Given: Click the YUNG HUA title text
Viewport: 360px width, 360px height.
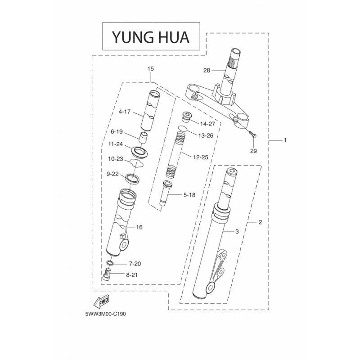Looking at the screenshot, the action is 151,37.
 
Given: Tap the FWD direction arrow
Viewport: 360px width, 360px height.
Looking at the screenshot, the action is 102,301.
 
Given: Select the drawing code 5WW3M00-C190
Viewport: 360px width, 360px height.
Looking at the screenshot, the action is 106,314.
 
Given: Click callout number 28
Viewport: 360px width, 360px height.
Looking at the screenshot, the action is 207,70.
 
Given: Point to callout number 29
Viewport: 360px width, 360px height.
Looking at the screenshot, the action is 253,151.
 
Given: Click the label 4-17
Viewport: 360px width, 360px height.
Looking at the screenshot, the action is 125,112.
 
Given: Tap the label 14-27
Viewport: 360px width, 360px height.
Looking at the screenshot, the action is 207,124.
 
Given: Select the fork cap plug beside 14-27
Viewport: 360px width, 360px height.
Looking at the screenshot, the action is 186,117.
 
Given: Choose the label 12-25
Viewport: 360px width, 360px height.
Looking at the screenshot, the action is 201,157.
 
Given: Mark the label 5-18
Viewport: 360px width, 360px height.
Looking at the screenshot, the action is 189,195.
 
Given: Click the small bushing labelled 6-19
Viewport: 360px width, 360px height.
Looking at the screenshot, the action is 143,138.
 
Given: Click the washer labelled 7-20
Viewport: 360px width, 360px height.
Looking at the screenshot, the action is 109,263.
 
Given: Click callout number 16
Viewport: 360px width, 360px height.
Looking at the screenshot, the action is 139,227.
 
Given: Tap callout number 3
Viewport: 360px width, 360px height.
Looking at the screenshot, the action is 237,231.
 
